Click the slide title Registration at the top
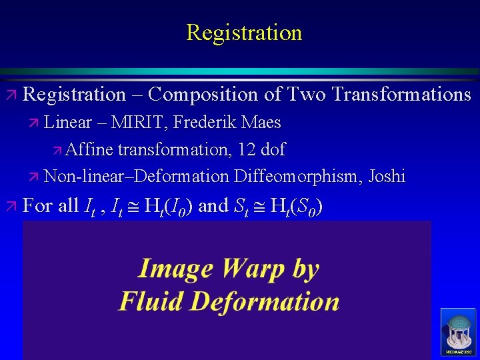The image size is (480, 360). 244,32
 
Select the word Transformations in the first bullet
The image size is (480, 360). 401,95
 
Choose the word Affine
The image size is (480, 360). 90,149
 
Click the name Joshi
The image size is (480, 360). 386,176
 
